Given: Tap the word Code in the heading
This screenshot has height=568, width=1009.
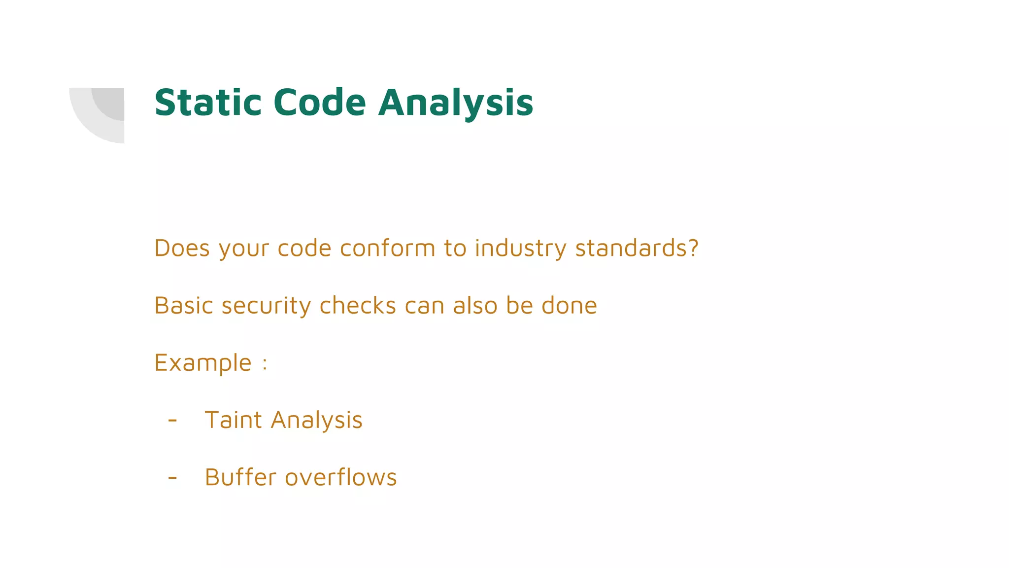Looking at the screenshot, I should point(319,103).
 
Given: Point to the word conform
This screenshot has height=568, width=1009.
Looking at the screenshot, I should point(387,248).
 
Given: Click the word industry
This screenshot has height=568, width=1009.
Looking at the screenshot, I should point(520,248).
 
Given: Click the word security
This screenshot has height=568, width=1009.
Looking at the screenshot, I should point(266,306).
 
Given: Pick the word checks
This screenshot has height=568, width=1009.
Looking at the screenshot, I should point(358,305).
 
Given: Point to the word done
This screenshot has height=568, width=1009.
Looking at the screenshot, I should point(569,305).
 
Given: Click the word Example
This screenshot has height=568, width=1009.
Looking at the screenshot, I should point(203,363).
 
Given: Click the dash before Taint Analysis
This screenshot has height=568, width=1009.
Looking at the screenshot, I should point(172,421).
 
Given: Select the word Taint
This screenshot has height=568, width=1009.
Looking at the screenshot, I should point(233,420).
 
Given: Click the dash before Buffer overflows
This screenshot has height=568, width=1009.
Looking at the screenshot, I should point(172,477).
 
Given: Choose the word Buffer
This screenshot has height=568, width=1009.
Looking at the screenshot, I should point(240,477).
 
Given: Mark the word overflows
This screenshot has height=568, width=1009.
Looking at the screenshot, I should point(341,477).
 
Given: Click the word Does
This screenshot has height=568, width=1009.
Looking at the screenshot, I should point(182,248).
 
